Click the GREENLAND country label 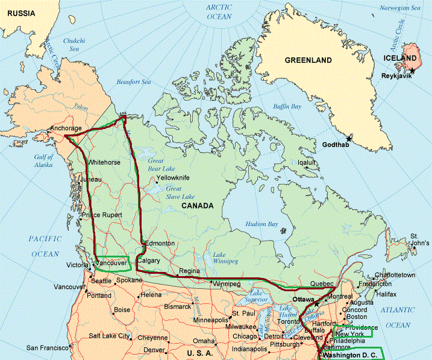pos(308,60)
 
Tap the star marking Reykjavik pos(412,71)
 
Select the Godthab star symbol pos(349,139)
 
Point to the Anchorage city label pos(66,128)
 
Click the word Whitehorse pos(104,163)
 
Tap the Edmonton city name pos(160,243)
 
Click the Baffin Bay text pos(287,107)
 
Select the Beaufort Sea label pos(133,81)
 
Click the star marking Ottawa pos(316,303)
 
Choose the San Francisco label pos(51,348)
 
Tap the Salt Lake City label pos(109,335)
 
